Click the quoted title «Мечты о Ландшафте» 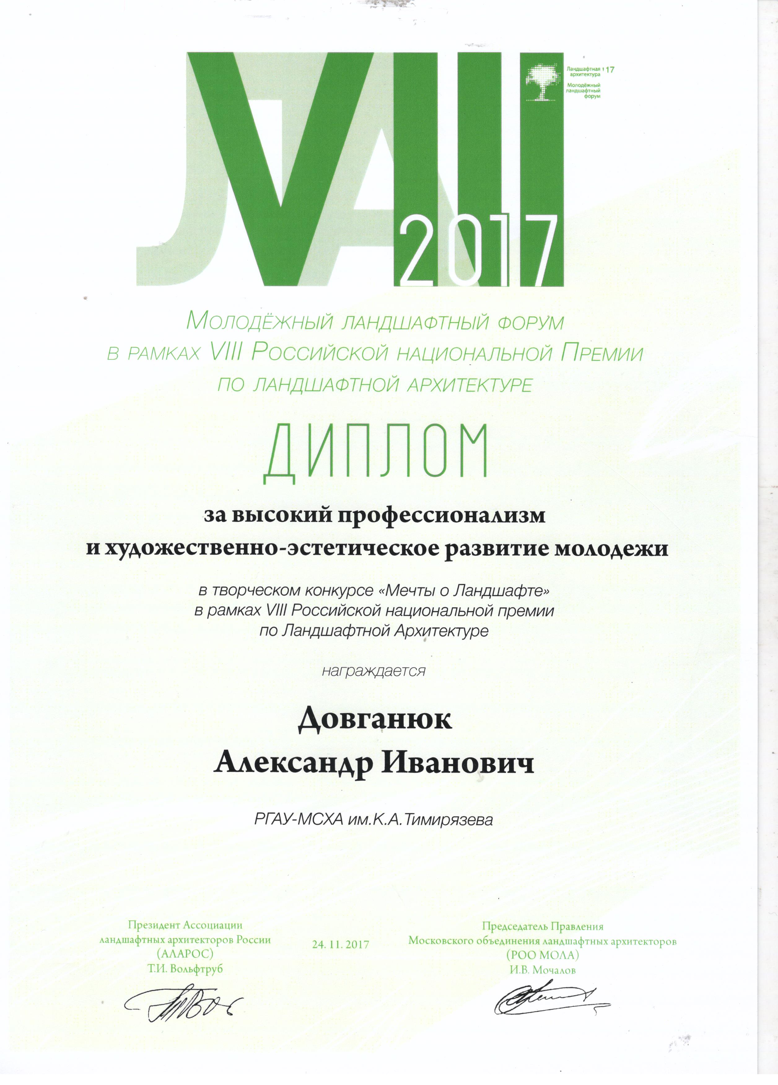click(x=462, y=591)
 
